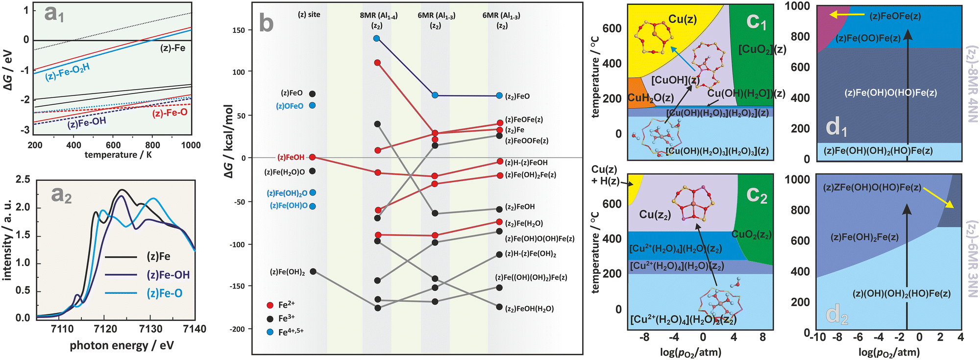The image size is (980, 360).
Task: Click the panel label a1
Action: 54,14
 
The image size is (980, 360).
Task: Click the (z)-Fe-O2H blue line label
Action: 68,72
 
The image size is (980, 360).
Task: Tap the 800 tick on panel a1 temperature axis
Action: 152,145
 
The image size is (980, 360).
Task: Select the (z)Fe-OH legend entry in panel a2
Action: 168,275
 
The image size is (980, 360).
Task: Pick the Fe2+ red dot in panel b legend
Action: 269,305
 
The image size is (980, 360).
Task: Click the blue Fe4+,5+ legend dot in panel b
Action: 269,332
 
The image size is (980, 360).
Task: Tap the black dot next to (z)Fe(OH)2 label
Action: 313,271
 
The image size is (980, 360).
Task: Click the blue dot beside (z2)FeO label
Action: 499,96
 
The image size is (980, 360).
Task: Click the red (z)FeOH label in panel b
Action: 291,157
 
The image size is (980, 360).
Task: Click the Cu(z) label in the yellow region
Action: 683,19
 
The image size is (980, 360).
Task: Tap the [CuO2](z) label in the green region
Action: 762,49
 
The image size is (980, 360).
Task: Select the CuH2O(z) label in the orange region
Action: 651,98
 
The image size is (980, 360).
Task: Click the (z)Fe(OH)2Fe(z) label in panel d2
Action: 864,238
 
